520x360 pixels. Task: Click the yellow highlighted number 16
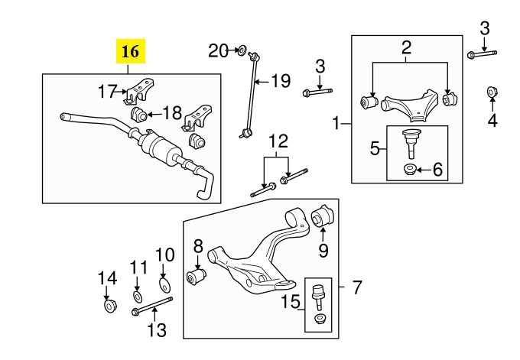pyautogui.click(x=130, y=51)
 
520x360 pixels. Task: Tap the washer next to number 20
pyautogui.click(x=242, y=50)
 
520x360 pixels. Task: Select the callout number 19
pyautogui.click(x=281, y=81)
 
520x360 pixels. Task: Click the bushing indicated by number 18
pyautogui.click(x=139, y=115)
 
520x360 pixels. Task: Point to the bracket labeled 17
pyautogui.click(x=140, y=90)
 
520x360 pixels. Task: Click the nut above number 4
pyautogui.click(x=492, y=92)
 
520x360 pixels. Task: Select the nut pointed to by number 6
pyautogui.click(x=410, y=170)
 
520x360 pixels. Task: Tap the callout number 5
pyautogui.click(x=375, y=148)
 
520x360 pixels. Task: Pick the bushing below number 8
pyautogui.click(x=197, y=277)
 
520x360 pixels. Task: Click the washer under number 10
pyautogui.click(x=165, y=285)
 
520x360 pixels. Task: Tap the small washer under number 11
pyautogui.click(x=138, y=297)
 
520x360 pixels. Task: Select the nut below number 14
pyautogui.click(x=109, y=306)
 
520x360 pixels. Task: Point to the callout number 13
pyautogui.click(x=157, y=330)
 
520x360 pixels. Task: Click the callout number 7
pyautogui.click(x=356, y=287)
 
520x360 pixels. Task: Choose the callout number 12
pyautogui.click(x=278, y=141)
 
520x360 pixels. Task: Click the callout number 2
pyautogui.click(x=406, y=47)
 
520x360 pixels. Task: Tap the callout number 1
pyautogui.click(x=336, y=123)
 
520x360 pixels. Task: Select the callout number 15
pyautogui.click(x=291, y=302)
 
